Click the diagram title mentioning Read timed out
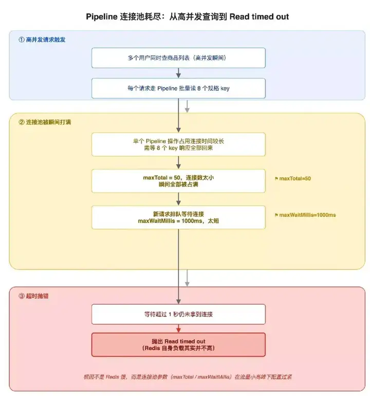point(187,16)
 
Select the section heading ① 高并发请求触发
point(42,40)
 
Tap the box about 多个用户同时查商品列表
point(178,58)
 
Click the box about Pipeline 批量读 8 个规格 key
point(178,88)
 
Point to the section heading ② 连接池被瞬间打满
point(45,122)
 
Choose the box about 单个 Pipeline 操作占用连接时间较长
point(178,145)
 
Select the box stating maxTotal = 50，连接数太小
point(178,181)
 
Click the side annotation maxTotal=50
point(292,179)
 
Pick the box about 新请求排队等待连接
point(178,217)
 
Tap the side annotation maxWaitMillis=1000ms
point(305,215)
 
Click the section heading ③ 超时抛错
point(33,296)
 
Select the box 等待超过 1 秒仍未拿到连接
point(178,314)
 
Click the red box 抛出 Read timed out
point(178,345)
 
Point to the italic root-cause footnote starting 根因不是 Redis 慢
point(188,377)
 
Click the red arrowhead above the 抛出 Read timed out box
point(178,330)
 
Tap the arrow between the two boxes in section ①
point(178,73)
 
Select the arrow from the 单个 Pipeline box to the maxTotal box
point(178,163)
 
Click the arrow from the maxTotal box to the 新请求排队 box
point(178,199)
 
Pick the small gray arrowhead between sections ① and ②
point(187,110)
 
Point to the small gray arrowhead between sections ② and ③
point(187,284)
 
